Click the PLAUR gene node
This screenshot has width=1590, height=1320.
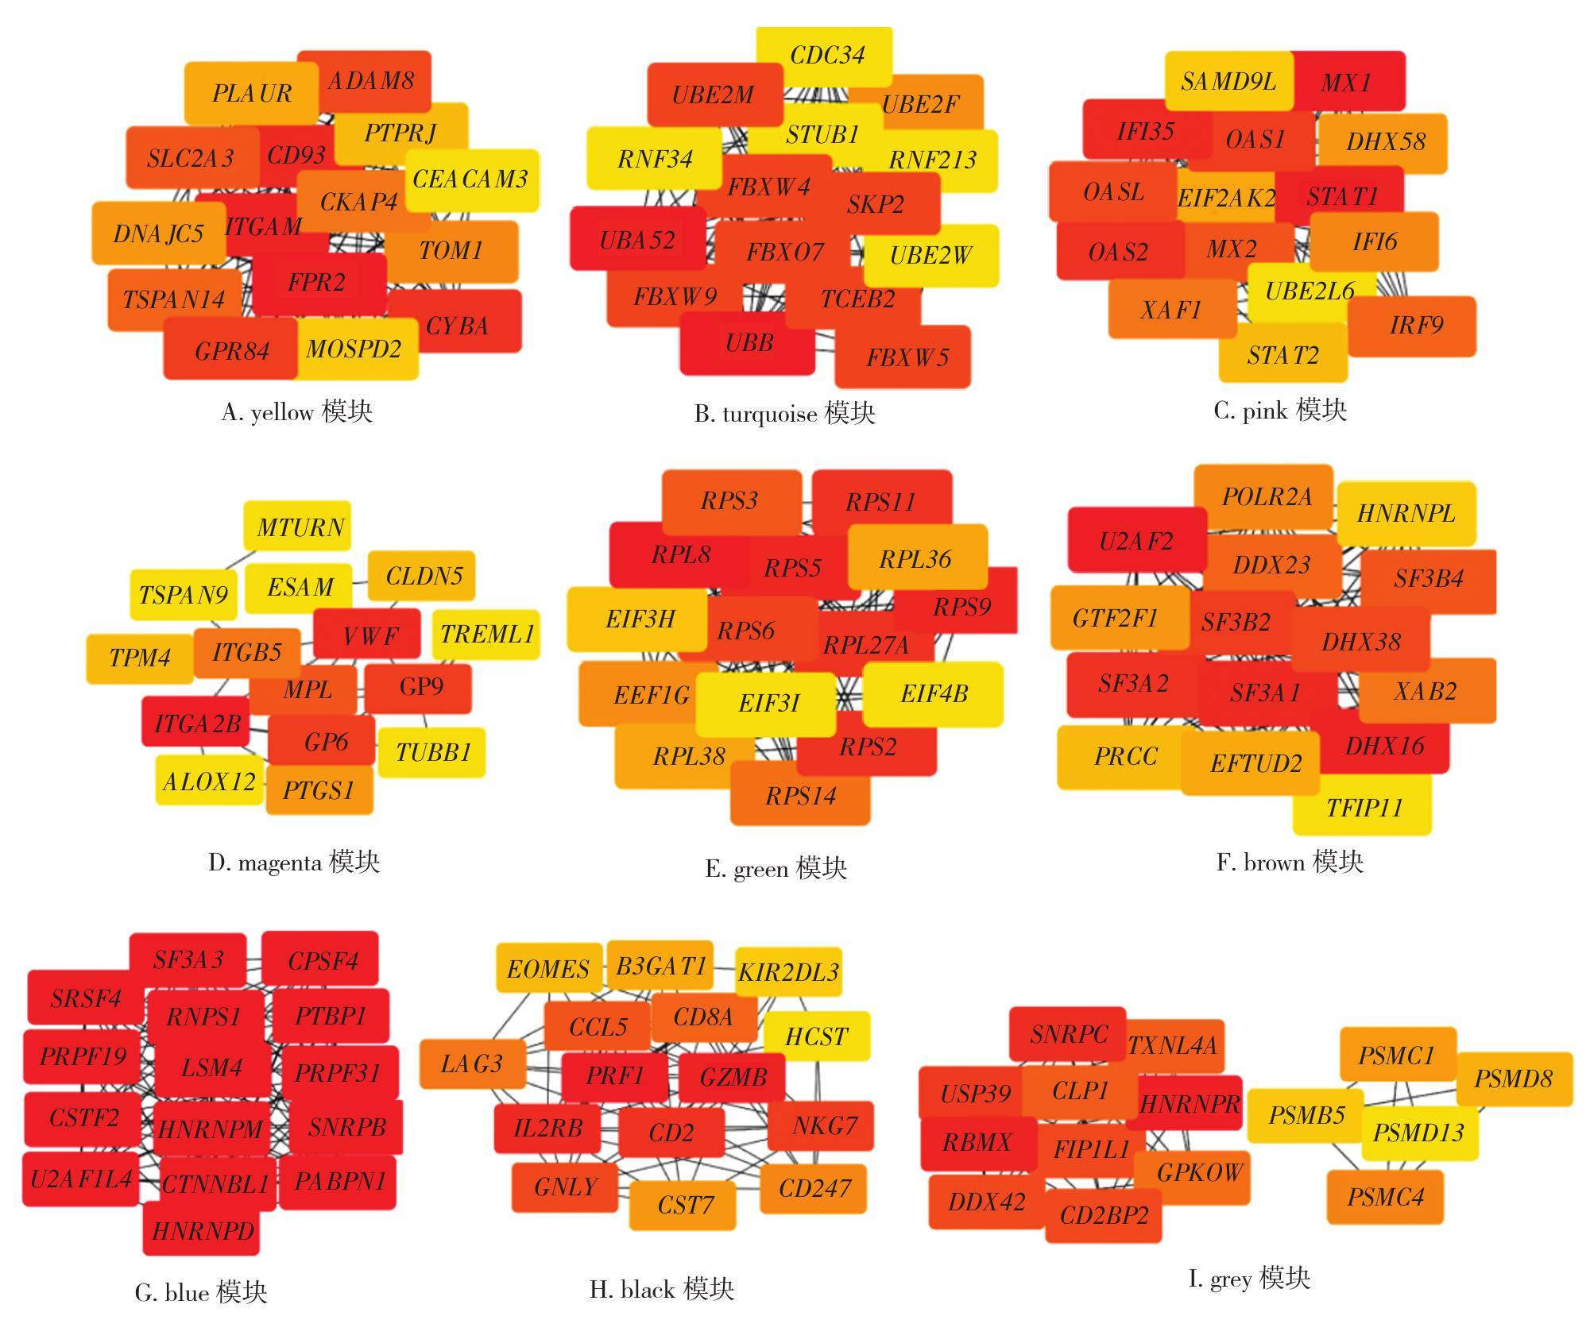pos(251,94)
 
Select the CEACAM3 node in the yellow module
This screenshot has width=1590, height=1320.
pos(470,179)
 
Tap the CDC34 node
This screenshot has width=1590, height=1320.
pos(826,55)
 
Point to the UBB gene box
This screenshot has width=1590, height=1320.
pos(748,343)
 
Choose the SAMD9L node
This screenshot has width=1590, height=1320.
pos(1228,81)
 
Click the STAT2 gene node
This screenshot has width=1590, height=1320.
pos(1282,355)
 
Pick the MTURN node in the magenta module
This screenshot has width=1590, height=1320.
pos(300,527)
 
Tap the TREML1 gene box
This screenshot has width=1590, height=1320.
pos(486,634)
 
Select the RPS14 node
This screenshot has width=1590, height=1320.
pos(800,796)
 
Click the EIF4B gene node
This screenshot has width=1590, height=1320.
pos(933,694)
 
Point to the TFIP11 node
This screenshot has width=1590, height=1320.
pos(1364,809)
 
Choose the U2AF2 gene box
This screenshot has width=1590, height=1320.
pos(1136,542)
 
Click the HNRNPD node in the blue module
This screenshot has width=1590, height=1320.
pos(202,1231)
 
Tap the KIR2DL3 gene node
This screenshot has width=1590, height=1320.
pos(788,972)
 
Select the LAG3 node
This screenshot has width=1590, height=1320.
pos(472,1063)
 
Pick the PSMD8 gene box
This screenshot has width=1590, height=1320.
pos(1513,1079)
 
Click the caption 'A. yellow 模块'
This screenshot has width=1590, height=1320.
pos(296,411)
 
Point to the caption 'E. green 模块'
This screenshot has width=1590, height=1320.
pos(776,868)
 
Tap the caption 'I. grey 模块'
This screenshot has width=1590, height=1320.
pos(1248,1278)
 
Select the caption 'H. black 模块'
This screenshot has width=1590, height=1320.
pos(662,1288)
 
